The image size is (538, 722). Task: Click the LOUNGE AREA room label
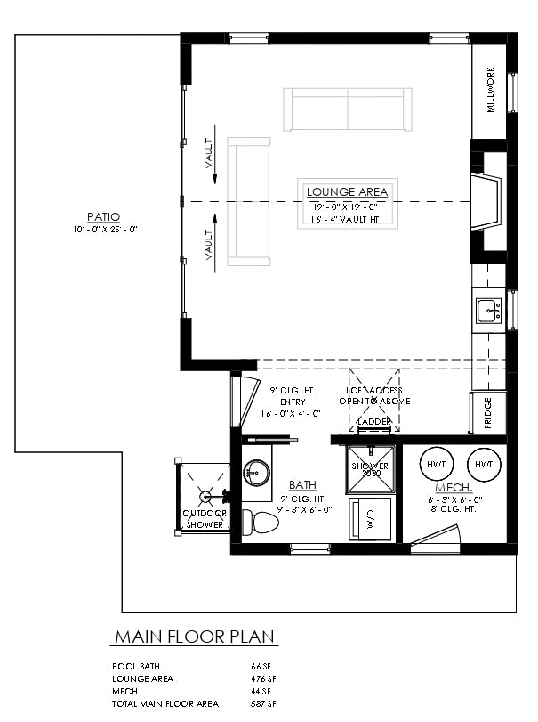(347, 191)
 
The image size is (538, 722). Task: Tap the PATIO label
(104, 216)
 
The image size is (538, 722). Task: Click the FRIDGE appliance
(488, 413)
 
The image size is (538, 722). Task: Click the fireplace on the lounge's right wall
(486, 202)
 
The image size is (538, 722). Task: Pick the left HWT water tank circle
(437, 465)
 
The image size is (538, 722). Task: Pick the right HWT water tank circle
(484, 465)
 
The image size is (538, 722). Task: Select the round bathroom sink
(256, 473)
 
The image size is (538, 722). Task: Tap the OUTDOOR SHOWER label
(204, 519)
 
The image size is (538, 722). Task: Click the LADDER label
(373, 421)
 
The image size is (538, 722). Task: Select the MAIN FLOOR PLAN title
(195, 637)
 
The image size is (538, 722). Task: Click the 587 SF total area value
(262, 703)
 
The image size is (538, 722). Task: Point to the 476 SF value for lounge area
(262, 678)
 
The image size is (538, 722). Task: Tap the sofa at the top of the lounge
(348, 110)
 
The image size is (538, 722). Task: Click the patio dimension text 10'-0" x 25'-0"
(104, 229)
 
